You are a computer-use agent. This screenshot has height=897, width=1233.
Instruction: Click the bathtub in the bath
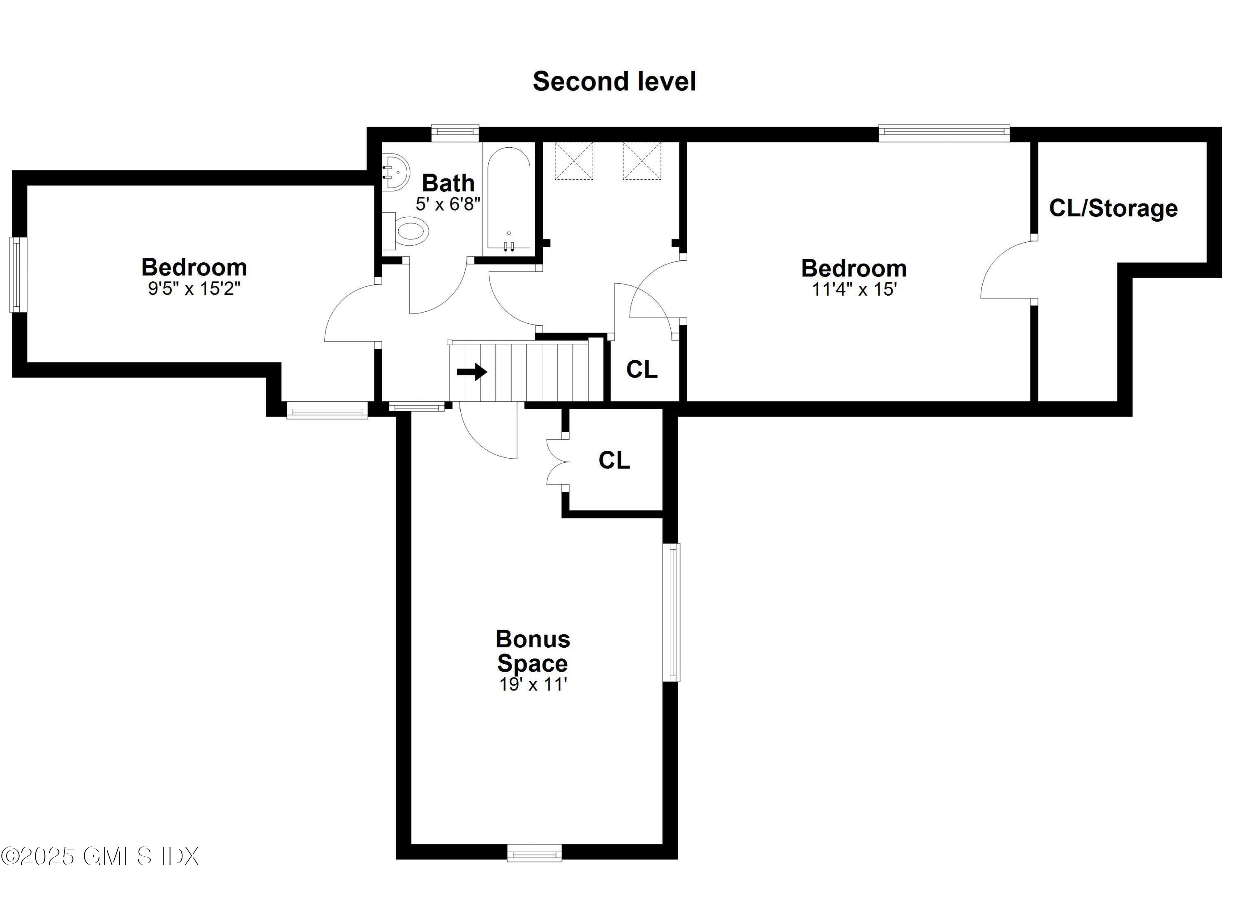[x=508, y=199]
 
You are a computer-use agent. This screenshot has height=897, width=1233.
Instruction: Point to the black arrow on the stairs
[x=471, y=372]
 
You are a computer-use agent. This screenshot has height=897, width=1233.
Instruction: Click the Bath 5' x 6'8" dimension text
[x=448, y=204]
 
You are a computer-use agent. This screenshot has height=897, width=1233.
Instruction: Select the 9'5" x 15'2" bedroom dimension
[x=194, y=288]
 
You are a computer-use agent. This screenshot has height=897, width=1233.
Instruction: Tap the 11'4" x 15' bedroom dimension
[x=854, y=290]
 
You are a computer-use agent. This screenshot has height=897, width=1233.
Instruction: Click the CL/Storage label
[x=1113, y=209]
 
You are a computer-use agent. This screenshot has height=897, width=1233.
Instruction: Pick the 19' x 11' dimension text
[x=533, y=684]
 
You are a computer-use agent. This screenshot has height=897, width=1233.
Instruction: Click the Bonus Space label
[x=533, y=651]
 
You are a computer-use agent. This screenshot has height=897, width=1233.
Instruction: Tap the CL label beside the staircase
[x=642, y=370]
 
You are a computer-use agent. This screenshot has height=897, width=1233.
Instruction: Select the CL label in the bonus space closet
[x=614, y=460]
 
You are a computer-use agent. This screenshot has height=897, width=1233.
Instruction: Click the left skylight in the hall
[x=574, y=160]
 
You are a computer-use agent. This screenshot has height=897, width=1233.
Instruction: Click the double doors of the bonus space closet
[x=558, y=462]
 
